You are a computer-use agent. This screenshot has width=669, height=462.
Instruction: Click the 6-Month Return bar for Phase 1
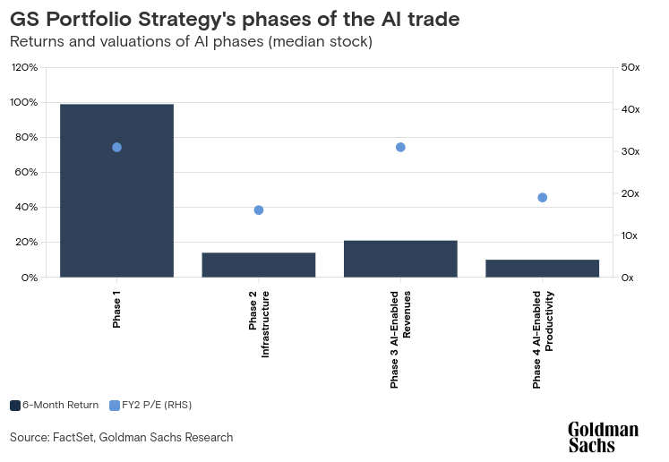[x=116, y=191]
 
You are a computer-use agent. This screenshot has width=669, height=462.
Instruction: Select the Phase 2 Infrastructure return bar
[x=259, y=265]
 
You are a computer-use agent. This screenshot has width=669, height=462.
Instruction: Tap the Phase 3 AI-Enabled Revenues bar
[x=400, y=259]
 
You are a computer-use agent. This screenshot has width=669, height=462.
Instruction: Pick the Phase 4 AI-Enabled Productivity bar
[x=543, y=269]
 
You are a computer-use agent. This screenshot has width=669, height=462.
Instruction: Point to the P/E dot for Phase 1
[x=117, y=147]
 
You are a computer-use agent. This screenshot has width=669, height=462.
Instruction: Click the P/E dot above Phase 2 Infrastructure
[x=259, y=210]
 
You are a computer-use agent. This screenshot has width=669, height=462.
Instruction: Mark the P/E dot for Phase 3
[x=400, y=147]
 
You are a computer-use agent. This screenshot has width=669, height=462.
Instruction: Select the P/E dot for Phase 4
[x=543, y=198]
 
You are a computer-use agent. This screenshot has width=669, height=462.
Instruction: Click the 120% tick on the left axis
[x=24, y=67]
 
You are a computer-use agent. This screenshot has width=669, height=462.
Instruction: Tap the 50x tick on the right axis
[x=630, y=67]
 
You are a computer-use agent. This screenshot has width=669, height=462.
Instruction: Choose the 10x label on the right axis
[x=629, y=235]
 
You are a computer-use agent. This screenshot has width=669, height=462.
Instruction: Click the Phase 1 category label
[x=116, y=309]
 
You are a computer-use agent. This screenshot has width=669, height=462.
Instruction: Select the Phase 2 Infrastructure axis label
[x=259, y=324]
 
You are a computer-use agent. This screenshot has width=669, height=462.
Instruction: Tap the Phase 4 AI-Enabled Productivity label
[x=543, y=339]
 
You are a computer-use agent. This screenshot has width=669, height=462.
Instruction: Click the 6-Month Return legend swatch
[x=15, y=406]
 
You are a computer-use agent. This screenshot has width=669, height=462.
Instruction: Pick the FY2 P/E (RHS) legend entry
[x=150, y=406]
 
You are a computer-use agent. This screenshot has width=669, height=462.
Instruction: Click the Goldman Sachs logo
[x=604, y=437]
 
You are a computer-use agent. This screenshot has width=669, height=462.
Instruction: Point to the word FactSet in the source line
[x=73, y=437]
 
